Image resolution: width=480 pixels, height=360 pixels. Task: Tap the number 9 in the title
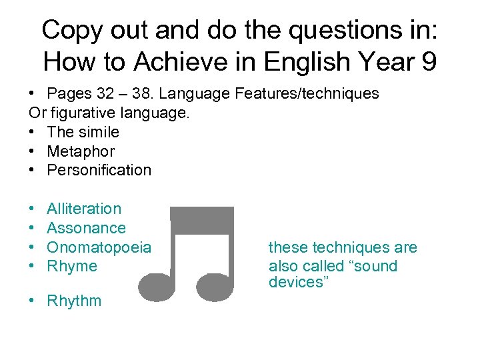coord(427,62)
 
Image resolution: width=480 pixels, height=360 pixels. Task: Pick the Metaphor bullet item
coord(80,151)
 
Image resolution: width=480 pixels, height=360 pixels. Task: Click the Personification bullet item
coord(99,170)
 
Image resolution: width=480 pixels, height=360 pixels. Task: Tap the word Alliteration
coord(84,209)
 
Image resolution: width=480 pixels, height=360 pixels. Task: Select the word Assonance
coord(86,228)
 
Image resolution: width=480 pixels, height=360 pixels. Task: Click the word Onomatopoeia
coord(99,247)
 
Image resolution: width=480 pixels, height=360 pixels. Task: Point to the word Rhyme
coord(71,267)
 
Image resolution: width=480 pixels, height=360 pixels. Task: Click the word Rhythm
coord(74,301)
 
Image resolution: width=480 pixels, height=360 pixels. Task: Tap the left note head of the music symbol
coord(157,286)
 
